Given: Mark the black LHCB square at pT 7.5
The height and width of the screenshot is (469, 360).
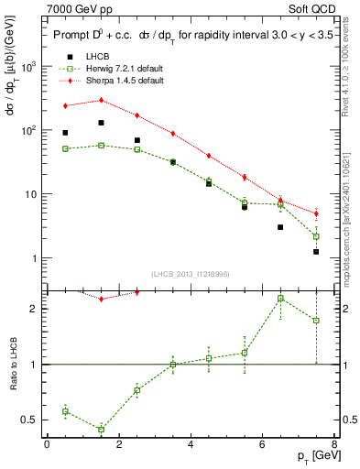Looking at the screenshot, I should coord(316,251).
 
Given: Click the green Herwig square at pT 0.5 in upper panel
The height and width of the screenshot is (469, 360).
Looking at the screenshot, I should coord(65,148).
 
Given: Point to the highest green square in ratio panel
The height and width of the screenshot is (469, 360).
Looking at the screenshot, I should coord(280,299).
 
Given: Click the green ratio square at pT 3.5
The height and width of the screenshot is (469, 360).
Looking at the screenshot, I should coord(172,365).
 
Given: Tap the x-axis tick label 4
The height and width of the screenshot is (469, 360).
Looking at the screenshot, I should coord(191,445).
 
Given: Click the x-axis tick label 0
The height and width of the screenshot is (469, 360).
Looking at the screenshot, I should coord(47,445).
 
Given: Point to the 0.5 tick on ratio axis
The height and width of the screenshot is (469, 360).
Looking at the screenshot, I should coord(35,420).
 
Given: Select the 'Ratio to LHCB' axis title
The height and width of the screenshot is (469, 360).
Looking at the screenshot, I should coord(12,365).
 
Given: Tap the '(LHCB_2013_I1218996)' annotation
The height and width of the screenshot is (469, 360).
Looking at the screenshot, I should coord(192,273).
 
